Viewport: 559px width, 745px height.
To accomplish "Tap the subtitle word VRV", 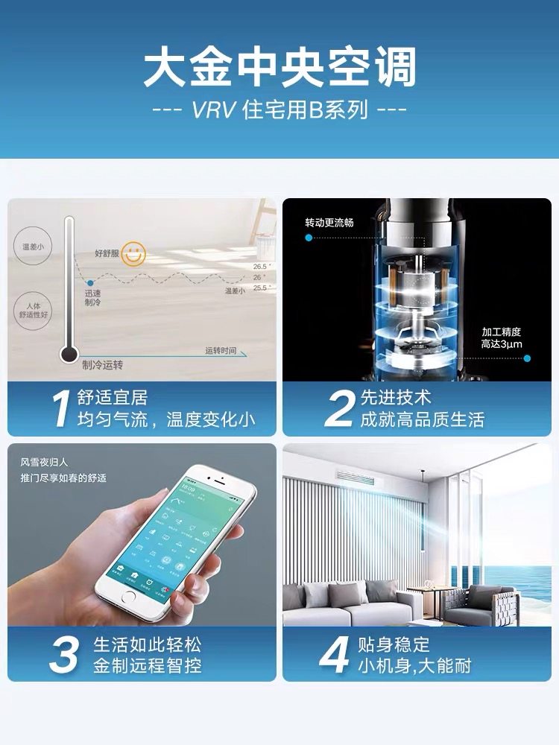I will pos(212,110).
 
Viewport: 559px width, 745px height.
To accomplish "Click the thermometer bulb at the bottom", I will pos(69,355).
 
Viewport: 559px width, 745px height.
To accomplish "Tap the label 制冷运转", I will pos(102,365).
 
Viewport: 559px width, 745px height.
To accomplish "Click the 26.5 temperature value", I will pos(259,266).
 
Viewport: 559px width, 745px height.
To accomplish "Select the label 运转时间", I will pos(221,349).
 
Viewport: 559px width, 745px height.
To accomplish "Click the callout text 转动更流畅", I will pos(329,222).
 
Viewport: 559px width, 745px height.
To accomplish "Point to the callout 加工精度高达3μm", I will pos(502,337).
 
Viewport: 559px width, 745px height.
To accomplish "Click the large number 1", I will pos(60,409).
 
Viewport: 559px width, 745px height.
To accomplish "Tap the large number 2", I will pos(338,409).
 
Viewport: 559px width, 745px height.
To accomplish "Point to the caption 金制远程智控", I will pos(147,666).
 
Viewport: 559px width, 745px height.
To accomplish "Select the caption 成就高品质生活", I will pos(422,420).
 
